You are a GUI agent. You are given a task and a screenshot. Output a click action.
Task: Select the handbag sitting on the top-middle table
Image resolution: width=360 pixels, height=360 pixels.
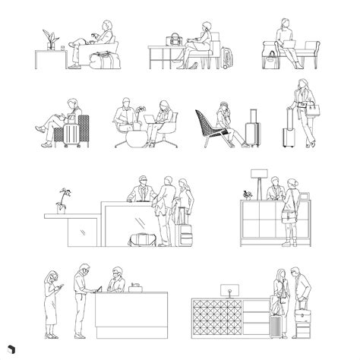[x=175, y=39]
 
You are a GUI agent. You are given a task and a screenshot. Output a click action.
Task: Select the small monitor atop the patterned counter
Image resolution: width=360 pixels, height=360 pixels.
[x=226, y=290]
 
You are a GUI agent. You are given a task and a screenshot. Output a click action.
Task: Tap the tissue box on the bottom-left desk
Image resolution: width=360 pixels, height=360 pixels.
[x=136, y=287]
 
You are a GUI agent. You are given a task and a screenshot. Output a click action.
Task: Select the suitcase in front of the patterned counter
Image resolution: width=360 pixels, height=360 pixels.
[x=275, y=326]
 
